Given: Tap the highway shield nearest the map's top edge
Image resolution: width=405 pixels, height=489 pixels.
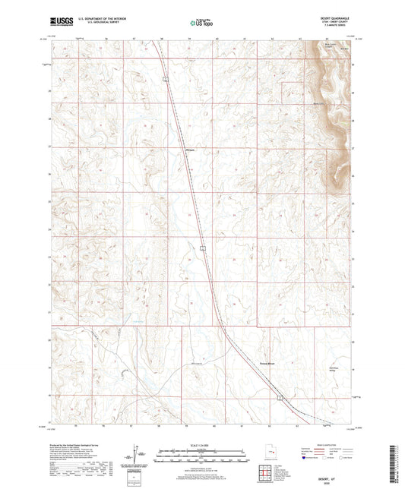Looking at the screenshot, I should click(163, 77).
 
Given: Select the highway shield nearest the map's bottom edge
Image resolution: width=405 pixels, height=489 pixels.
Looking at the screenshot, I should click(279, 396).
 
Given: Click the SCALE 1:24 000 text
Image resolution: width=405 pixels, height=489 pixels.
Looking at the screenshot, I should click(202, 444).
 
